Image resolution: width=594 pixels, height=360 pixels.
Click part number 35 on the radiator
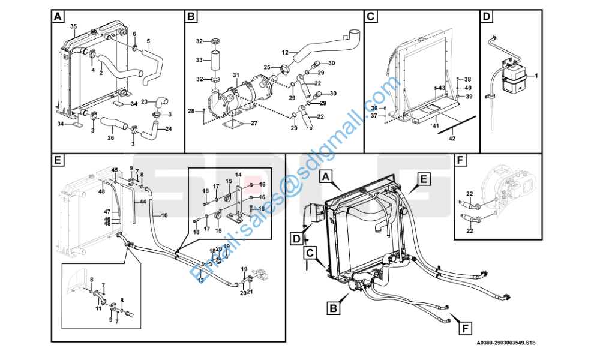pyautogui.click(x=73, y=27)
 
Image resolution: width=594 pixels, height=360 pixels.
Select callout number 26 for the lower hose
pyautogui.click(x=110, y=138)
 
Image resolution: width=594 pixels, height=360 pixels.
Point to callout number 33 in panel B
pyautogui.click(x=200, y=60)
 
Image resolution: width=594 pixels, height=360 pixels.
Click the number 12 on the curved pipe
pyautogui.click(x=285, y=53)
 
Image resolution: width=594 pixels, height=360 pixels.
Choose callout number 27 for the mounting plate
pyautogui.click(x=254, y=124)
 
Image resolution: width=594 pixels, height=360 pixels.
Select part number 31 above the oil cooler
pyautogui.click(x=236, y=75)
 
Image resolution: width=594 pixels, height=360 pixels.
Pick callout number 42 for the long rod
pyautogui.click(x=452, y=139)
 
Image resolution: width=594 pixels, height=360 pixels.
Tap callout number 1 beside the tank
pyautogui.click(x=536, y=76)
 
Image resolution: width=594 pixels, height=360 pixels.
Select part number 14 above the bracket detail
pyautogui.click(x=238, y=175)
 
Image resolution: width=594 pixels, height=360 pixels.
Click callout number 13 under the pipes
pyautogui.click(x=201, y=280)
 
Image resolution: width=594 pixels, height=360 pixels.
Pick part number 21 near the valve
pyautogui.click(x=250, y=292)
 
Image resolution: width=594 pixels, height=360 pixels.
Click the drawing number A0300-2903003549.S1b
pyautogui.click(x=506, y=343)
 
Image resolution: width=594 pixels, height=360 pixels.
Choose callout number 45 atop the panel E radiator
pyautogui.click(x=115, y=170)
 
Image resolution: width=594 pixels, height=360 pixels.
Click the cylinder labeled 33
pyautogui.click(x=216, y=61)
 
